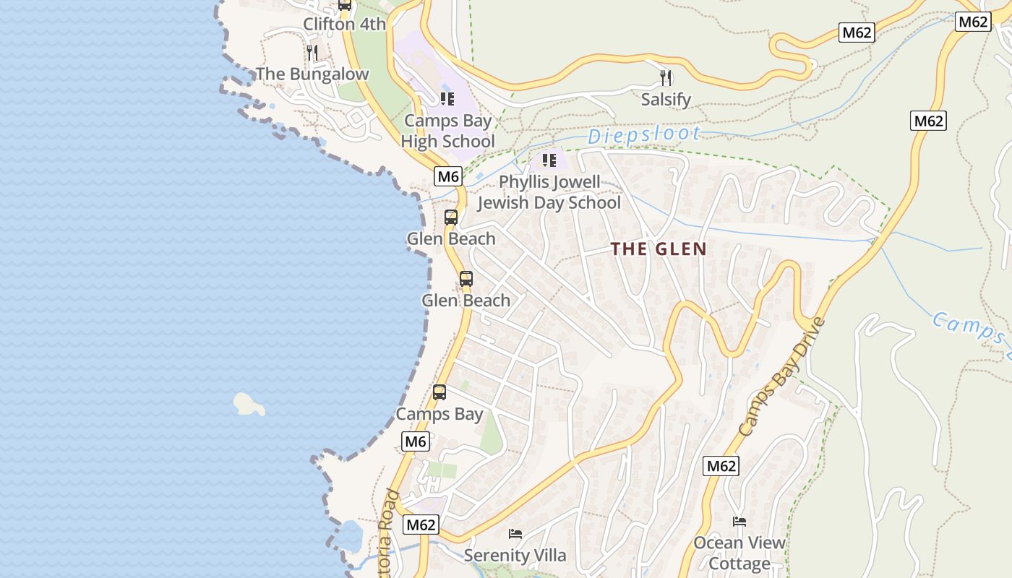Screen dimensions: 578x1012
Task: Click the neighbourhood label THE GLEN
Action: point(659,249)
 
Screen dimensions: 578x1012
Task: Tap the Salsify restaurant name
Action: point(666,100)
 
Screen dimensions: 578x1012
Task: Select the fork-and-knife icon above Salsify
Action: point(666,77)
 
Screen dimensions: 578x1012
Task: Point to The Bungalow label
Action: point(312,74)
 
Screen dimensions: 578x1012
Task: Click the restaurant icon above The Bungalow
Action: point(312,52)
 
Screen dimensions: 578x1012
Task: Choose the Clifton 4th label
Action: point(344,24)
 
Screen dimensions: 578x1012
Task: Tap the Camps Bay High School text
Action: point(448,131)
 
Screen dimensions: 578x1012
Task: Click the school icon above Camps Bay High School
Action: point(447,98)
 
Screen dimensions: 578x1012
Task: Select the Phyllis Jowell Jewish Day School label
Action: point(549,192)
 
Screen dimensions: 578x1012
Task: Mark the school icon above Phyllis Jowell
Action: point(549,160)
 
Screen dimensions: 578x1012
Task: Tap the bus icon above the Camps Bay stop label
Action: point(439,392)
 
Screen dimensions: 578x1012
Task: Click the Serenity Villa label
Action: point(515,556)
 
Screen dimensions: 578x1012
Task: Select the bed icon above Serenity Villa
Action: point(515,534)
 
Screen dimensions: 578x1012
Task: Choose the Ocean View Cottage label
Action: point(739,553)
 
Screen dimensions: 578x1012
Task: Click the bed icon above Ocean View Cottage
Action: point(739,522)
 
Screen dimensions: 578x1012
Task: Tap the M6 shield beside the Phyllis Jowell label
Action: point(448,176)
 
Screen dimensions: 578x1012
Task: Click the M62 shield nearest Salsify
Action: point(857,32)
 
